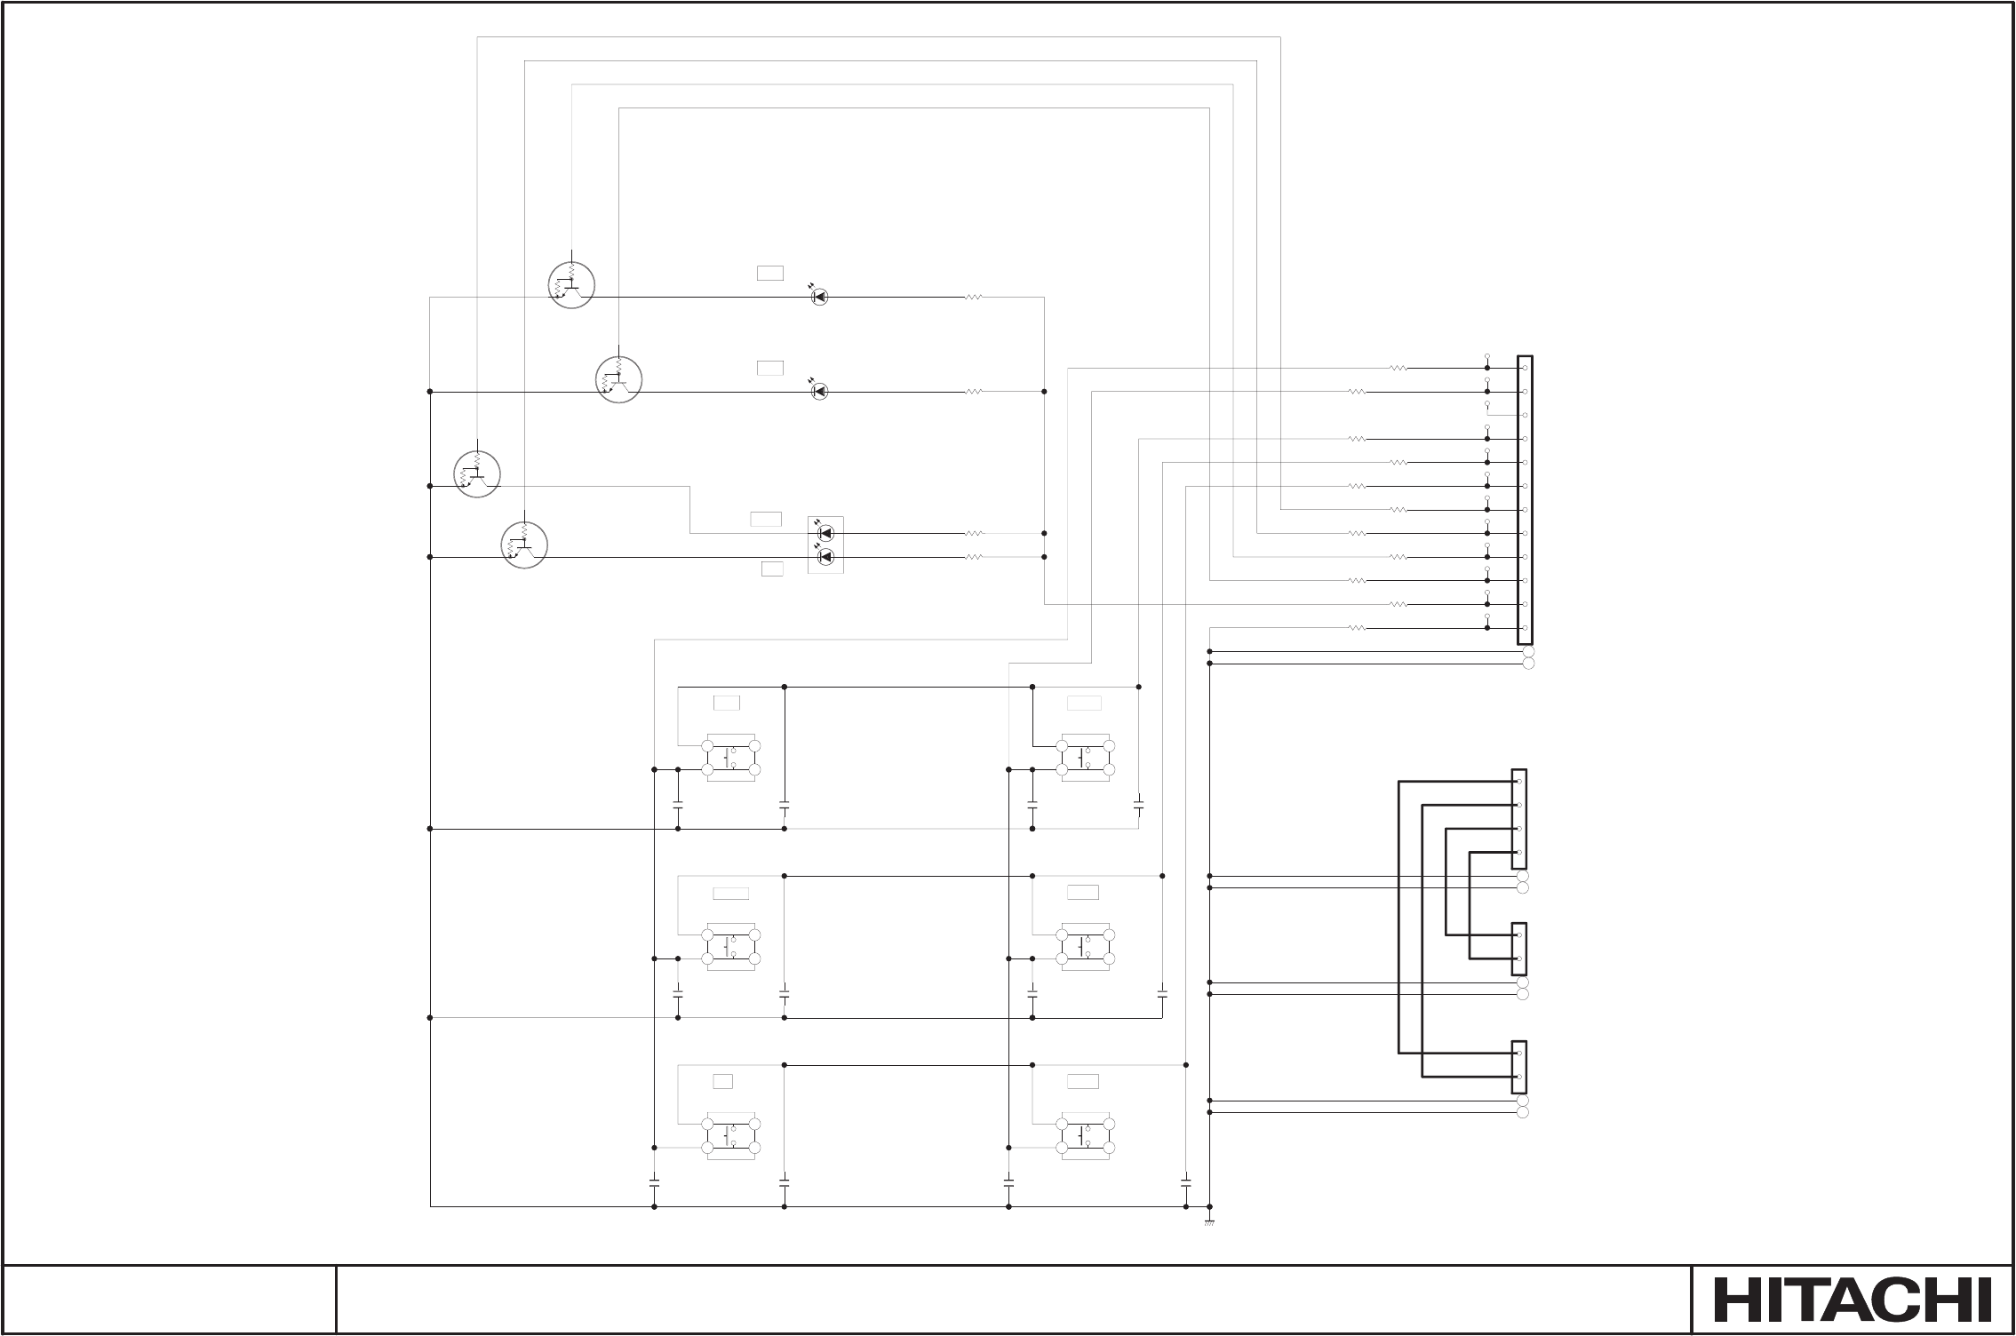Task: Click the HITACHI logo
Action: click(1853, 1300)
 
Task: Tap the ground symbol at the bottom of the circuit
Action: click(1209, 1223)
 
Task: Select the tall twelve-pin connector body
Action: click(1526, 500)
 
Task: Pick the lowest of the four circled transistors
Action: click(524, 545)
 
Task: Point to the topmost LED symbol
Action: click(820, 297)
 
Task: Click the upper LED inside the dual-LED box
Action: click(825, 533)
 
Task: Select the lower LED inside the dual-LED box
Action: click(825, 557)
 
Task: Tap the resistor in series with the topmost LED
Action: click(974, 297)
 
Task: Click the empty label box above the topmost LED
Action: click(770, 273)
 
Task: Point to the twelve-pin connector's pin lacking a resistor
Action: click(1525, 415)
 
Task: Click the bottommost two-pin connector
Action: click(1519, 1065)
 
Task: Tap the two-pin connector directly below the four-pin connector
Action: click(1519, 947)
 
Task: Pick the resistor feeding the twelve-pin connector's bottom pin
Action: click(1356, 628)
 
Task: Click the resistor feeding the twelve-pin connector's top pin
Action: click(1398, 368)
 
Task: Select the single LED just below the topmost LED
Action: click(820, 391)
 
